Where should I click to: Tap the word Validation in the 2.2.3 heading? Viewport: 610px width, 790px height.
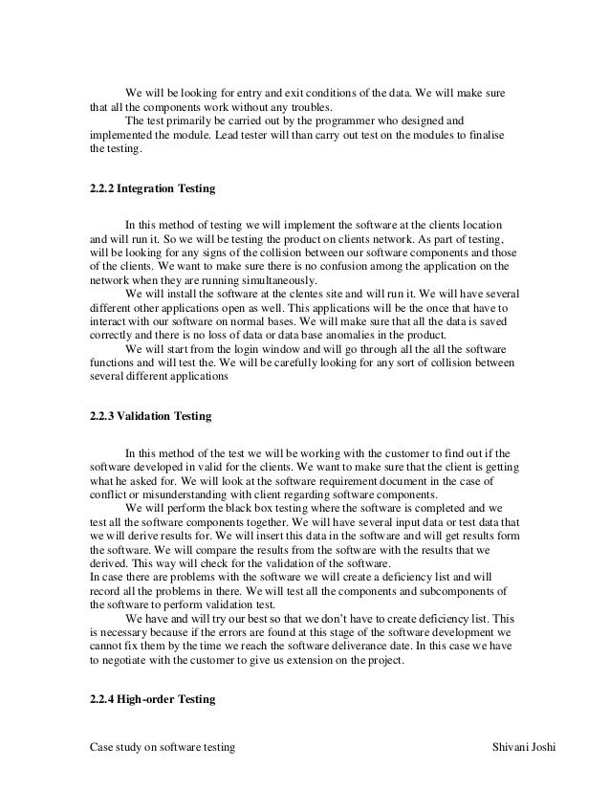point(143,417)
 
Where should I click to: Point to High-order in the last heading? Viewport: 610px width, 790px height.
point(144,698)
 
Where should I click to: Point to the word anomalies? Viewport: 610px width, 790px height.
point(328,337)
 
